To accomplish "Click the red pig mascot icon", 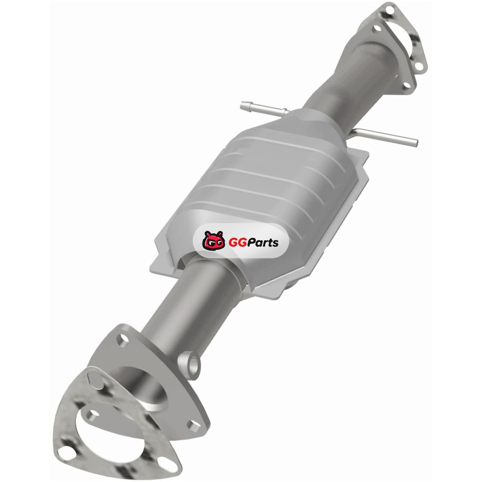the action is point(213,240).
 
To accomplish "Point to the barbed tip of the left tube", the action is point(245,105).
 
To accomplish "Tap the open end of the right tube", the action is point(416,142).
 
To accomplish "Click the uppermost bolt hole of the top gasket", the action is point(389,11).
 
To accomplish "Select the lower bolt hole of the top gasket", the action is point(419,66).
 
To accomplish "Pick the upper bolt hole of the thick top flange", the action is point(377,29).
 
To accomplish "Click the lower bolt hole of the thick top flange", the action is point(406,85).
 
